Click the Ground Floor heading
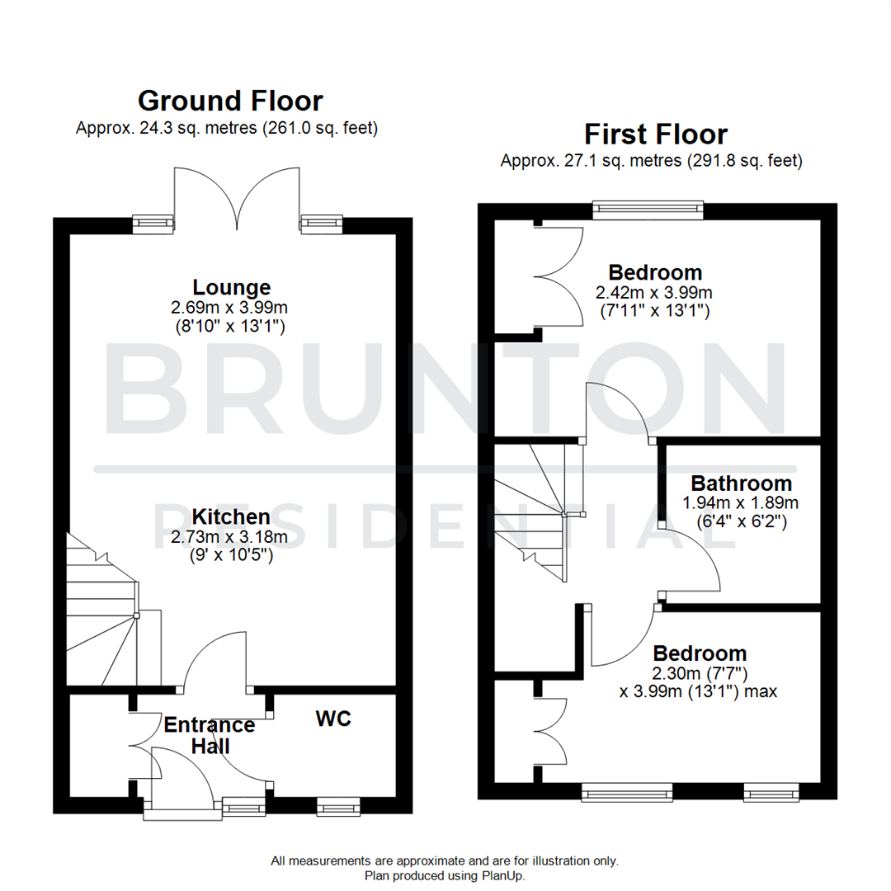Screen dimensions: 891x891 (x=230, y=101)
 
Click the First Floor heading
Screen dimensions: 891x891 (x=656, y=134)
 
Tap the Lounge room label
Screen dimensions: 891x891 (x=231, y=288)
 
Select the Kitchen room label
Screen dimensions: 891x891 (x=231, y=517)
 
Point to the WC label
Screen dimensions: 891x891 (x=333, y=719)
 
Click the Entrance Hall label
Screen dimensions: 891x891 (x=209, y=735)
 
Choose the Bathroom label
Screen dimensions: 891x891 (x=741, y=483)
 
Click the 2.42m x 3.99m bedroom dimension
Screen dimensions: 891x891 (x=655, y=292)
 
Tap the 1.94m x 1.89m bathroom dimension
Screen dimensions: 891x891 (x=741, y=502)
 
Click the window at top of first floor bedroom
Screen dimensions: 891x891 (x=648, y=210)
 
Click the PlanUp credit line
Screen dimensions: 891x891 (x=444, y=875)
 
